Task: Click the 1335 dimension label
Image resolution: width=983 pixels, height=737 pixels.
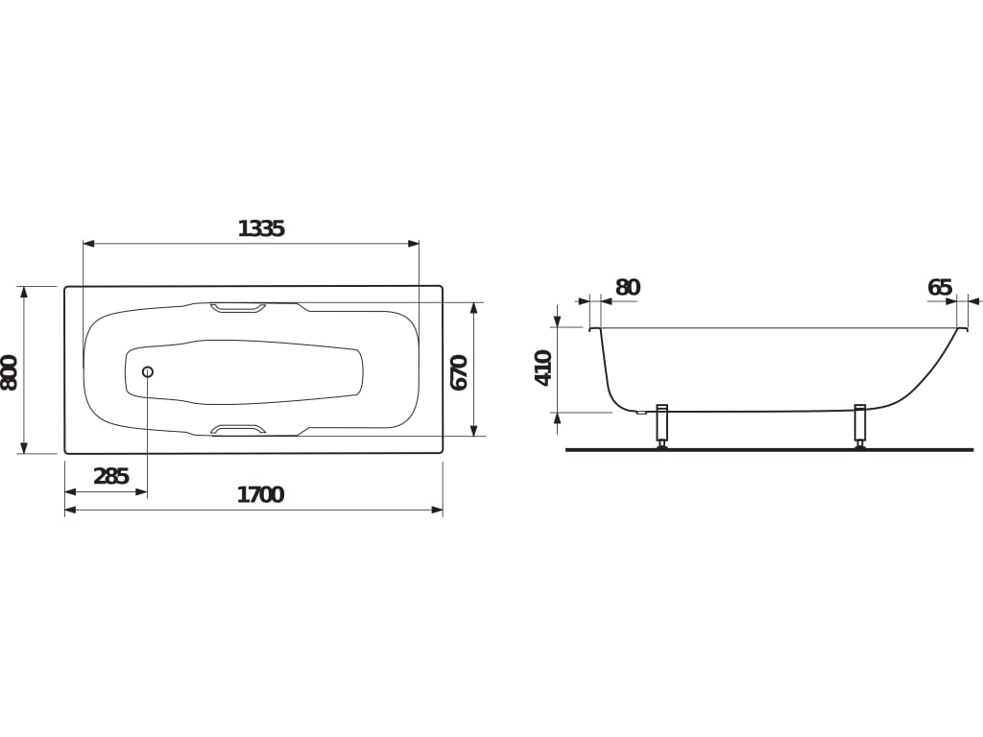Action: click(261, 228)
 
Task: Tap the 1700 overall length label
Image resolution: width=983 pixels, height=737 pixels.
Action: click(260, 495)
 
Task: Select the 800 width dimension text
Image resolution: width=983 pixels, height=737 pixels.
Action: click(10, 373)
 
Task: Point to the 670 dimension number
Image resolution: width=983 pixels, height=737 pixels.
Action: click(459, 372)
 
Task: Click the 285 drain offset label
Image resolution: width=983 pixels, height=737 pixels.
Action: click(111, 476)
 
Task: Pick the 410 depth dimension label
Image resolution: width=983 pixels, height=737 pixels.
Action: click(542, 368)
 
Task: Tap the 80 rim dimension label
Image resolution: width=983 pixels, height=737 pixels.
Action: click(628, 287)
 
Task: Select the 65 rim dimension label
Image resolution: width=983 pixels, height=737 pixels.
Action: click(940, 287)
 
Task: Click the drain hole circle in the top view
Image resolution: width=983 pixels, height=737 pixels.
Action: click(148, 371)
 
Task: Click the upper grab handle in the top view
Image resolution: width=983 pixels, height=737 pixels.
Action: click(238, 308)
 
